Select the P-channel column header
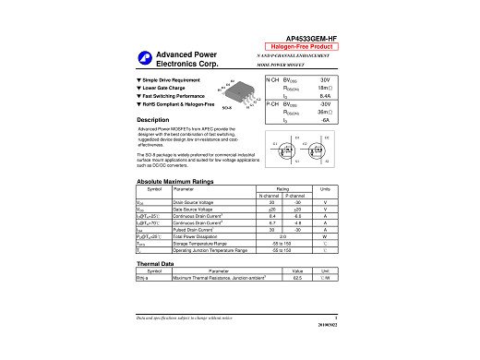tap(298, 197)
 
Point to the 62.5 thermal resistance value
tap(297, 278)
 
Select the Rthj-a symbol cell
tap(143, 278)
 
